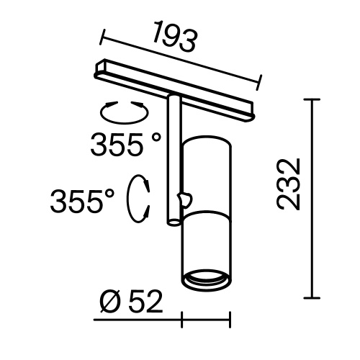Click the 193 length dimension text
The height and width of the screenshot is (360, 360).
coord(175,40)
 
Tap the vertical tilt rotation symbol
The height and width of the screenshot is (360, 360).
coord(138,199)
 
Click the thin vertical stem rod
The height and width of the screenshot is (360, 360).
coord(172,158)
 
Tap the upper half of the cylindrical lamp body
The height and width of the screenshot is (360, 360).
coord(205,169)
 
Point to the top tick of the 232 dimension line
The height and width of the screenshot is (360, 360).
coord(311,99)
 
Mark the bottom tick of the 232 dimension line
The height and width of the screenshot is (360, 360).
coord(311,298)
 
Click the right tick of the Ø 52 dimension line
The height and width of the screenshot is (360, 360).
coord(230,318)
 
